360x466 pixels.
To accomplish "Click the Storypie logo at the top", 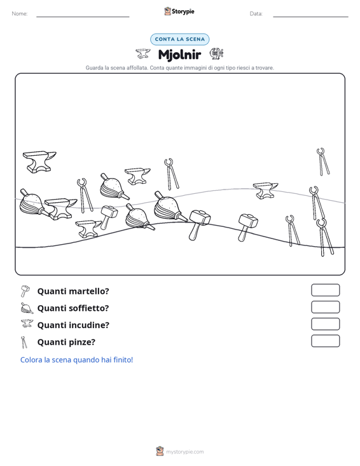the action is click(179, 11).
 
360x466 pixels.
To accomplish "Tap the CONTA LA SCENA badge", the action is click(179, 39).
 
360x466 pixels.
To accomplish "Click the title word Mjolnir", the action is click(179, 55).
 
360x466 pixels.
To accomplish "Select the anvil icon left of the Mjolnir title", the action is click(143, 53).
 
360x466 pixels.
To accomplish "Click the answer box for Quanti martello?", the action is click(325, 290).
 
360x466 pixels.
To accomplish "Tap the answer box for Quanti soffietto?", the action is click(325, 307).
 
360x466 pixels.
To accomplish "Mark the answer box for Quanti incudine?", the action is click(325, 324).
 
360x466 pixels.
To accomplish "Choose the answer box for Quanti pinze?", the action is click(325, 341).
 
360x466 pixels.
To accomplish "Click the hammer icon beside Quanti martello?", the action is click(25, 291).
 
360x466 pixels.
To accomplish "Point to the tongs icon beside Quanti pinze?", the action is click(24, 342).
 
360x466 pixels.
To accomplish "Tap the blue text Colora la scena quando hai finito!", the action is click(76, 360).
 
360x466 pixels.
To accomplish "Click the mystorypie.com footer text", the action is click(184, 452).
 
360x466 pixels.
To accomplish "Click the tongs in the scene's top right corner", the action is click(323, 161).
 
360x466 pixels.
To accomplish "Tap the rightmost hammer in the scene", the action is click(247, 227).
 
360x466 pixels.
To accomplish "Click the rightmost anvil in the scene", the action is click(265, 190).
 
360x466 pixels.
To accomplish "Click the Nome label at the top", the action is click(20, 14).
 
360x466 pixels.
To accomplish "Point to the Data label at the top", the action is click(256, 14).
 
